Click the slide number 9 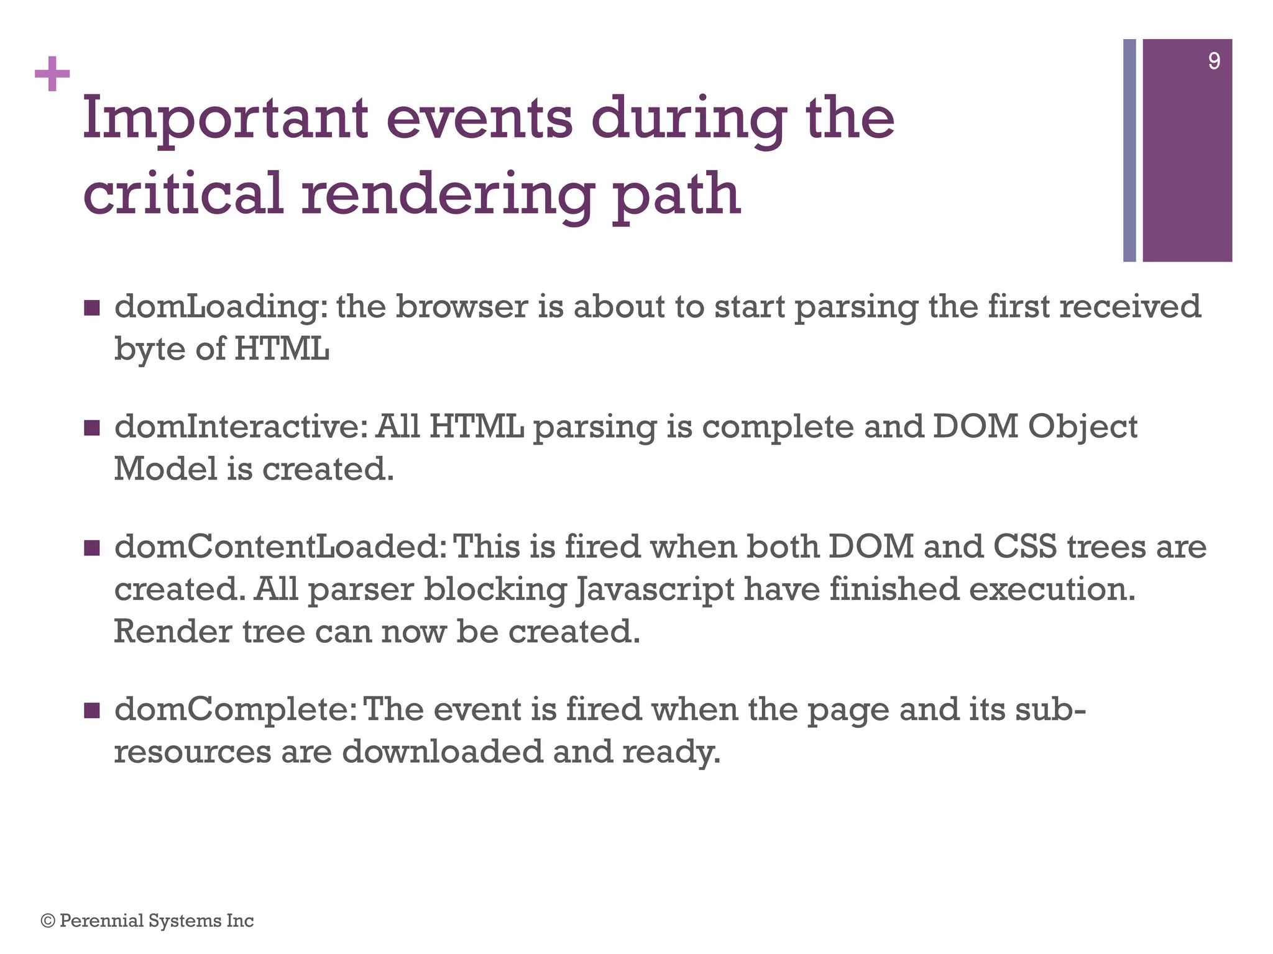[x=1213, y=61]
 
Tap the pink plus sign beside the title [x=52, y=75]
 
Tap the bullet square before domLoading [x=91, y=307]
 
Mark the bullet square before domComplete [x=91, y=710]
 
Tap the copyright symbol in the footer [x=48, y=921]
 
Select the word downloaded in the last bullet [x=442, y=752]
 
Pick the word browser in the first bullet [x=462, y=307]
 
